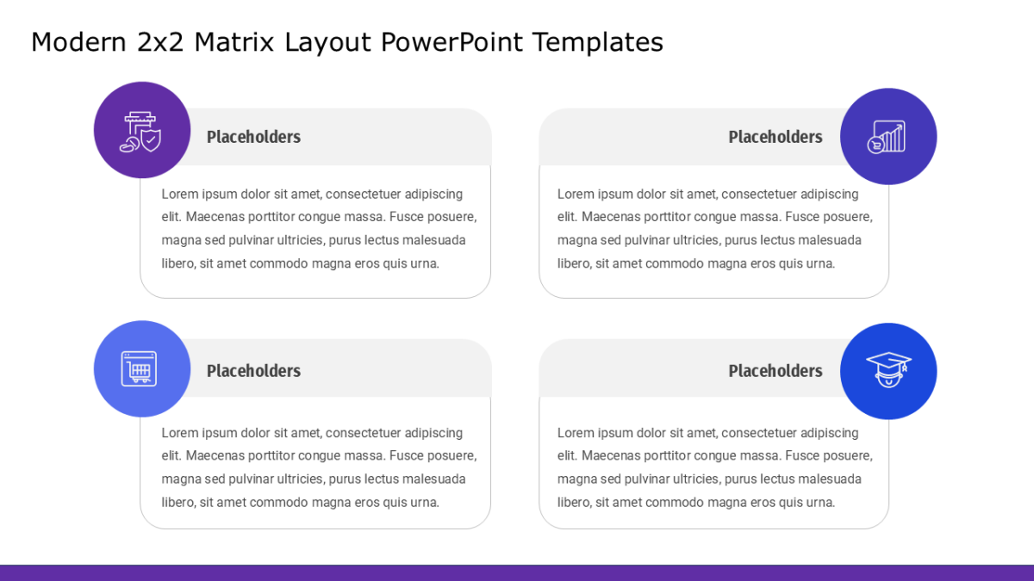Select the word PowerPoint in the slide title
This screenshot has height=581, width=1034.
452,42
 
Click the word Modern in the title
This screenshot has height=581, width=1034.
78,42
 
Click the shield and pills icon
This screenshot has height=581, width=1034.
140,132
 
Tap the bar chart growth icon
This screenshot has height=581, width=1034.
887,137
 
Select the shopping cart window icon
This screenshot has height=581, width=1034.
139,369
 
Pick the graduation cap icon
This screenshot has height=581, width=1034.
888,370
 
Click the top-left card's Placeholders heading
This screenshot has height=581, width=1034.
253,137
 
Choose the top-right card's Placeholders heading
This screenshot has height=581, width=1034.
775,137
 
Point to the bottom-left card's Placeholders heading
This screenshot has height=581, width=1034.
253,371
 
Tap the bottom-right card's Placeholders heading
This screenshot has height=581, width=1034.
775,371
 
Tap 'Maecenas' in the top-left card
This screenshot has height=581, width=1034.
215,217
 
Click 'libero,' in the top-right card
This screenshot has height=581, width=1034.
574,263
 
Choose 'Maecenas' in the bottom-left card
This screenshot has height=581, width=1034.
215,455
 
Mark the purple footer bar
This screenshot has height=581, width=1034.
517,573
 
